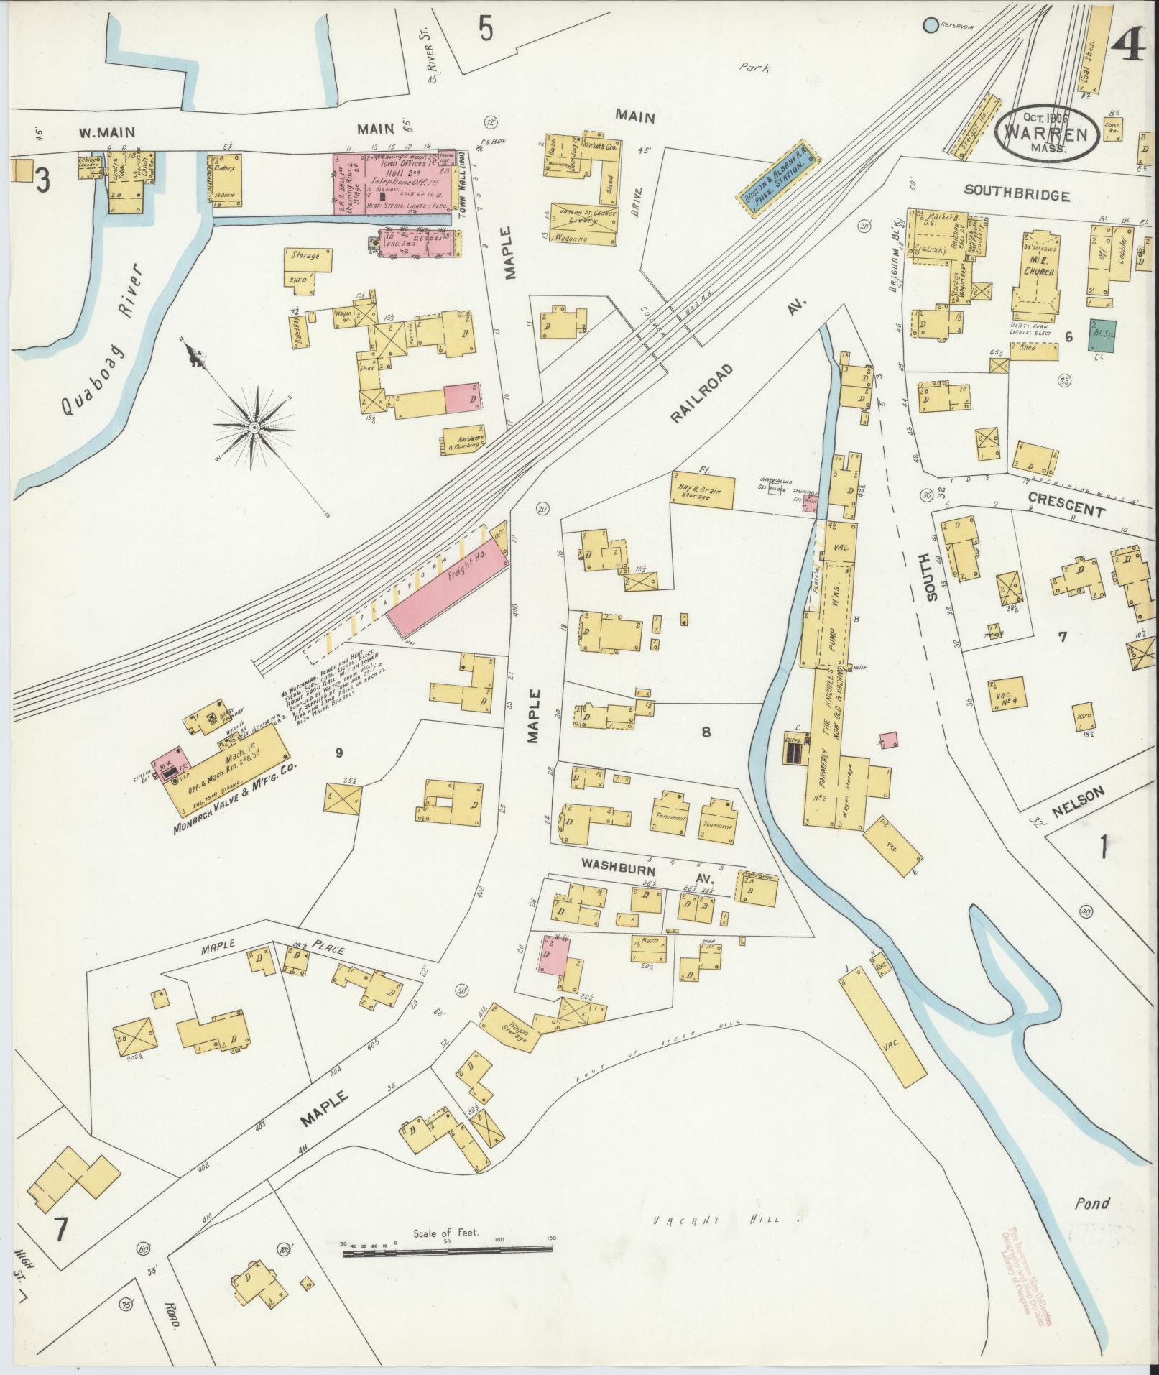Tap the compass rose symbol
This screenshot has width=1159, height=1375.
pos(253,427)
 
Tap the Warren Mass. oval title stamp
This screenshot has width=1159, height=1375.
pos(1046,133)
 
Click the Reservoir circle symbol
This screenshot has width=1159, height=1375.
pos(931,25)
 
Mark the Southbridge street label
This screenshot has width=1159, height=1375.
pos(1017,195)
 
